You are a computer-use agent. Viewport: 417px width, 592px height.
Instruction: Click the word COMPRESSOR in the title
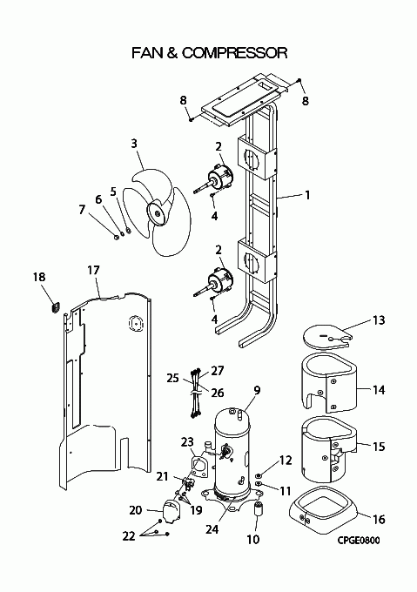pos(235,53)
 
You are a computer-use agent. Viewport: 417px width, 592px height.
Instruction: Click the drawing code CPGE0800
pos(359,541)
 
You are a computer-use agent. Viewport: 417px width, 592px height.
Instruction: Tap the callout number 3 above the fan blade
pos(134,144)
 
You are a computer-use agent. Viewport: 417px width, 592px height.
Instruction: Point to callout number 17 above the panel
pos(93,271)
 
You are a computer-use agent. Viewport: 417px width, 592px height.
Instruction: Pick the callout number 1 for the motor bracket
pos(307,195)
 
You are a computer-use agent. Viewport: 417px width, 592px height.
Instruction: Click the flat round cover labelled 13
pos(326,337)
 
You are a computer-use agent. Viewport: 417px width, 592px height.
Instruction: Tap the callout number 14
pos(379,389)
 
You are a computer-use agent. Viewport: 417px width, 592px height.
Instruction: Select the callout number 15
pos(379,447)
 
